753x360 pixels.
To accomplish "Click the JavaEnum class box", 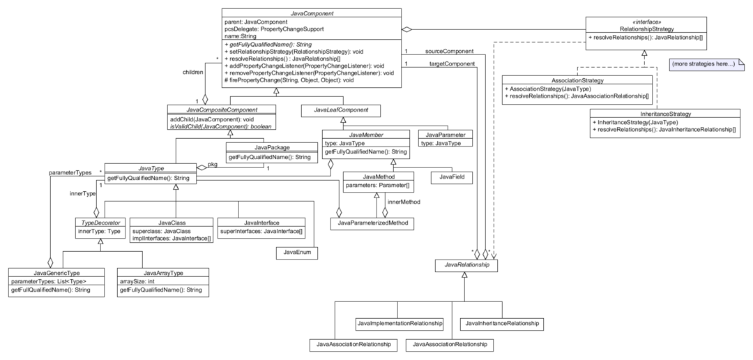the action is pos(297,253).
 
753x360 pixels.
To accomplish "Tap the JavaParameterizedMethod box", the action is pos(372,223).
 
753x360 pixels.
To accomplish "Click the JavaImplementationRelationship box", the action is pos(400,324).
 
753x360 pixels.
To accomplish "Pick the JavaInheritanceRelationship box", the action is pos(502,324).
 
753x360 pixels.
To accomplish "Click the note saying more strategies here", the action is pos(702,64).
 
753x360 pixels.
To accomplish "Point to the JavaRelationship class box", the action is pos(466,265).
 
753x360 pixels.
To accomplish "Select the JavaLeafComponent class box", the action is pos(341,110).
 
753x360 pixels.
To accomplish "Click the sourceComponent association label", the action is pos(450,51).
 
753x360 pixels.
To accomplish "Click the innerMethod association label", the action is pos(404,202).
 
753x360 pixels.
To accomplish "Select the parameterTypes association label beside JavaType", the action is pos(70,172).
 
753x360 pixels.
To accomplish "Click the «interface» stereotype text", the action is pos(646,22).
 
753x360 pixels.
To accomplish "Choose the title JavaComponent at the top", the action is pos(312,13).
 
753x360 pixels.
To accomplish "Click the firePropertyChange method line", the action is pos(289,80).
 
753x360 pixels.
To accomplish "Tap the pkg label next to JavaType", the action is pos(213,165).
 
